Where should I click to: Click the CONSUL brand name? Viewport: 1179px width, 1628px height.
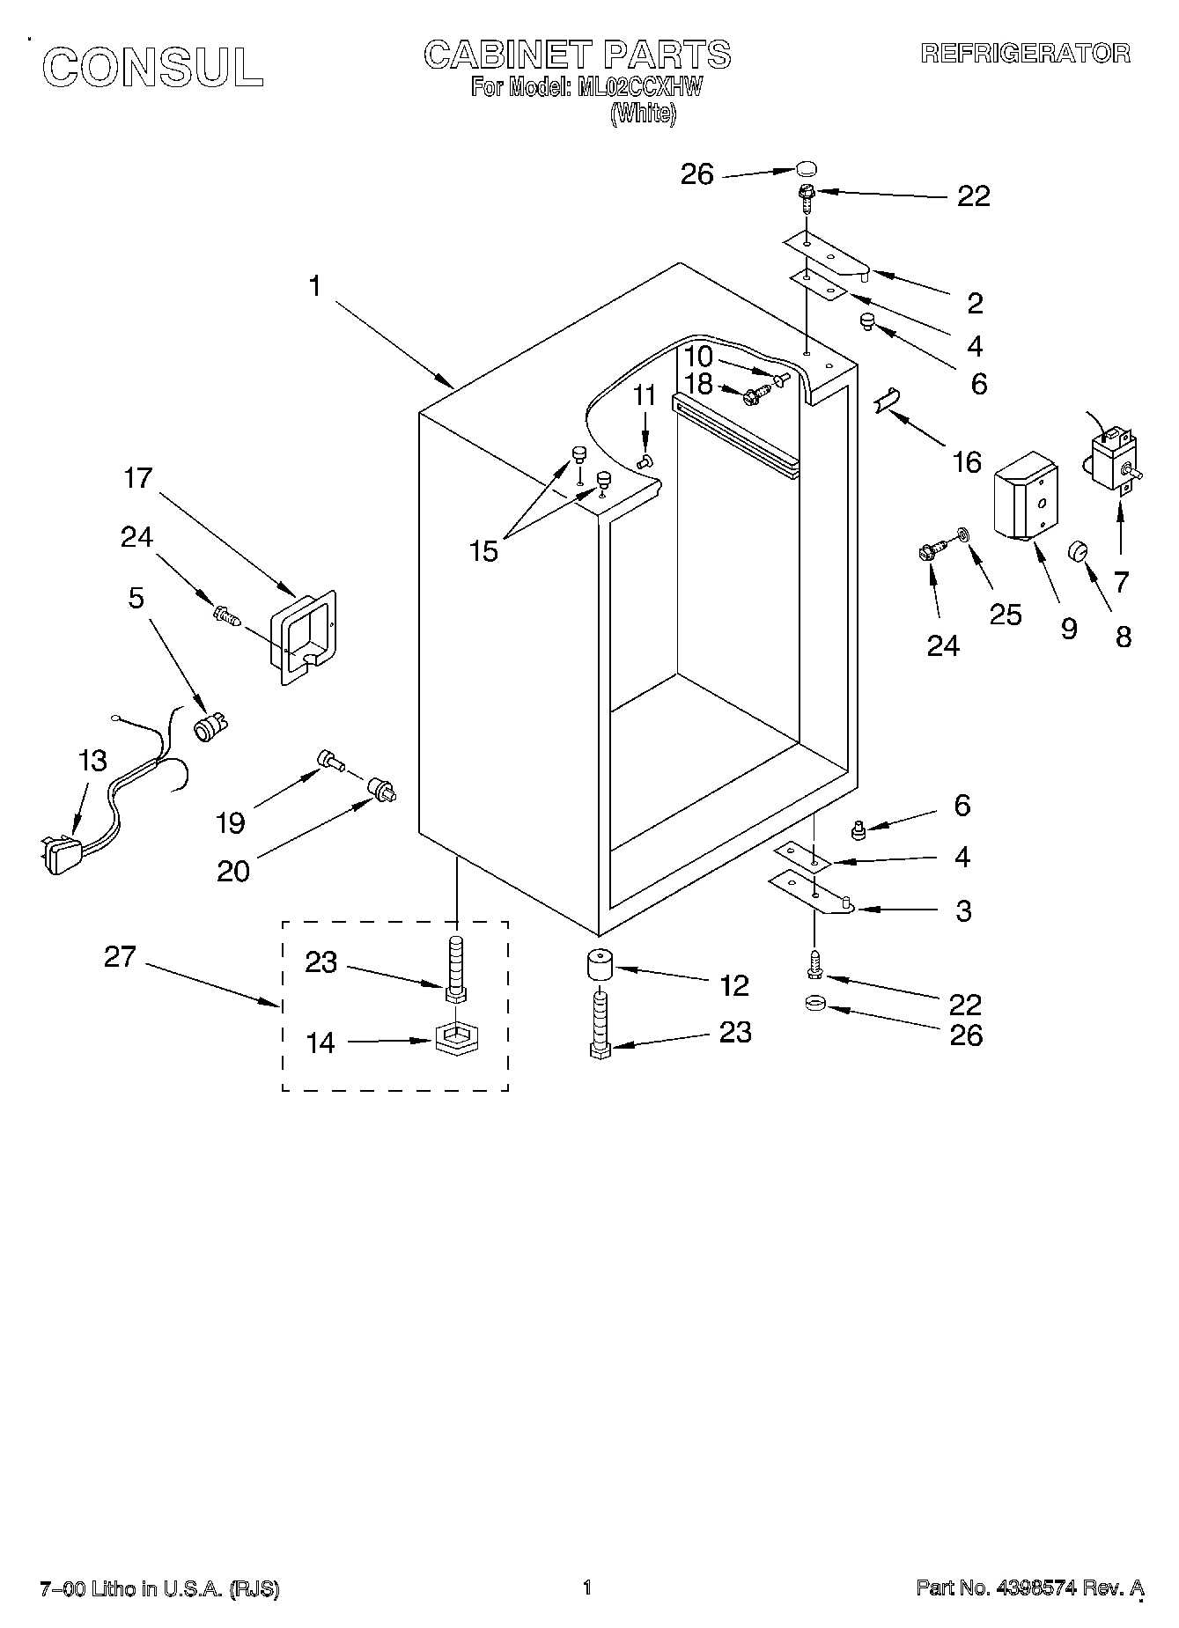152,67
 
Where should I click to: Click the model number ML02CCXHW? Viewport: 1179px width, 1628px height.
639,87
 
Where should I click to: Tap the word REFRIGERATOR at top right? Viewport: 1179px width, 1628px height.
1025,54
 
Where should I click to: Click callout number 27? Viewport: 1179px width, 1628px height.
120,956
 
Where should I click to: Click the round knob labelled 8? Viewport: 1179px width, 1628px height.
1079,551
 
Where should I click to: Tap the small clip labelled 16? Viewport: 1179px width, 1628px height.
885,400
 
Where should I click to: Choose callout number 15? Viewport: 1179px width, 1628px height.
484,552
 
